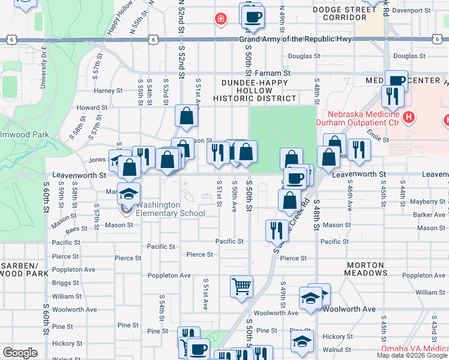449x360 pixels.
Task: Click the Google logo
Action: pos(20,353)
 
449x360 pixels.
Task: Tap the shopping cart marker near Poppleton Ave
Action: pos(242,286)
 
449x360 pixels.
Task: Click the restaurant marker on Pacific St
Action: pos(276,230)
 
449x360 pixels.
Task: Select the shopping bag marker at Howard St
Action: pos(187,117)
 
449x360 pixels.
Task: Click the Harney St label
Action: pos(108,91)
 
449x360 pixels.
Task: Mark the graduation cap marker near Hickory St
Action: pos(302,341)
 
